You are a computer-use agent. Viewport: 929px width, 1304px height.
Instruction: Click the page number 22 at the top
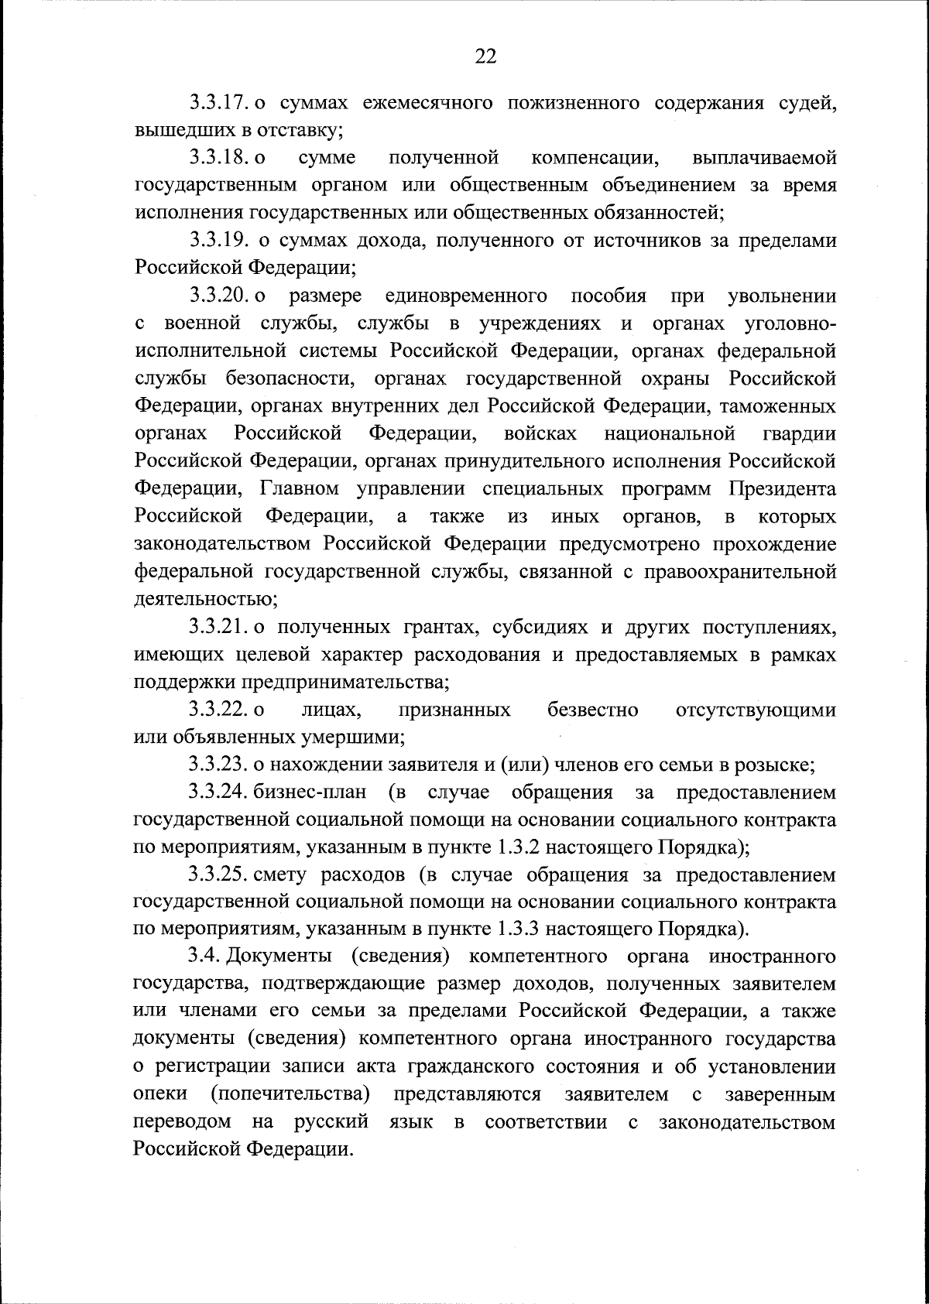485,56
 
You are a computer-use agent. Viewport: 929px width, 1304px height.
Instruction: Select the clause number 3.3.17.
218,103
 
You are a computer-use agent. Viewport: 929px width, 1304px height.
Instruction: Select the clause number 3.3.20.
218,296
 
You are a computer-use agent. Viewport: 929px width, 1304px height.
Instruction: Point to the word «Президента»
782,489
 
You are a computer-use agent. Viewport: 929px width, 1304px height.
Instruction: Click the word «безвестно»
593,710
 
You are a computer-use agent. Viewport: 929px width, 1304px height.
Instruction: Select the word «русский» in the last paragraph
331,1122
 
